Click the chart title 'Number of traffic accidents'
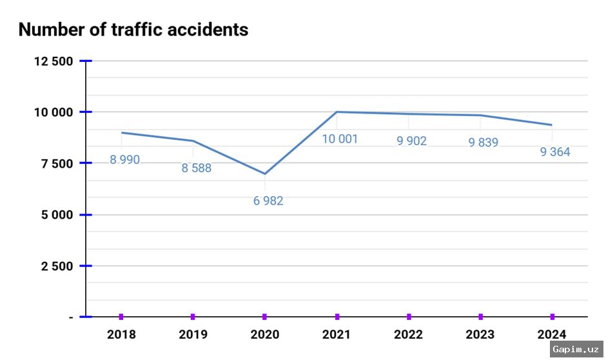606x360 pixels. (133, 30)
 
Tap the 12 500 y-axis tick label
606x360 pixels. (54, 61)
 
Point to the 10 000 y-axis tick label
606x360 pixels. (54, 112)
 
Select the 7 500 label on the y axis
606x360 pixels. (57, 163)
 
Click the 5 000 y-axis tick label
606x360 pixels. (57, 215)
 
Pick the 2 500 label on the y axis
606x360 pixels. (57, 266)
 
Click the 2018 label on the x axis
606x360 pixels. (121, 334)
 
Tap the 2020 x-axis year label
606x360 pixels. (265, 334)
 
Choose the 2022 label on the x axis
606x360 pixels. (409, 334)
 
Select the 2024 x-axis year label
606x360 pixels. (552, 334)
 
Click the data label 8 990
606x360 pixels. (124, 160)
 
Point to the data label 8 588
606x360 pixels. (196, 168)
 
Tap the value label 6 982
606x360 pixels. (268, 201)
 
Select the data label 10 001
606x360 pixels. (340, 139)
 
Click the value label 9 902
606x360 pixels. (411, 141)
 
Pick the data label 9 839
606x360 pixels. (483, 143)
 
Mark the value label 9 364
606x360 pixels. (555, 152)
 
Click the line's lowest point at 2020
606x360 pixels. (265, 174)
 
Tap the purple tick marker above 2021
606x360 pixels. (337, 317)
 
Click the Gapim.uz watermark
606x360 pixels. (576, 349)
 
